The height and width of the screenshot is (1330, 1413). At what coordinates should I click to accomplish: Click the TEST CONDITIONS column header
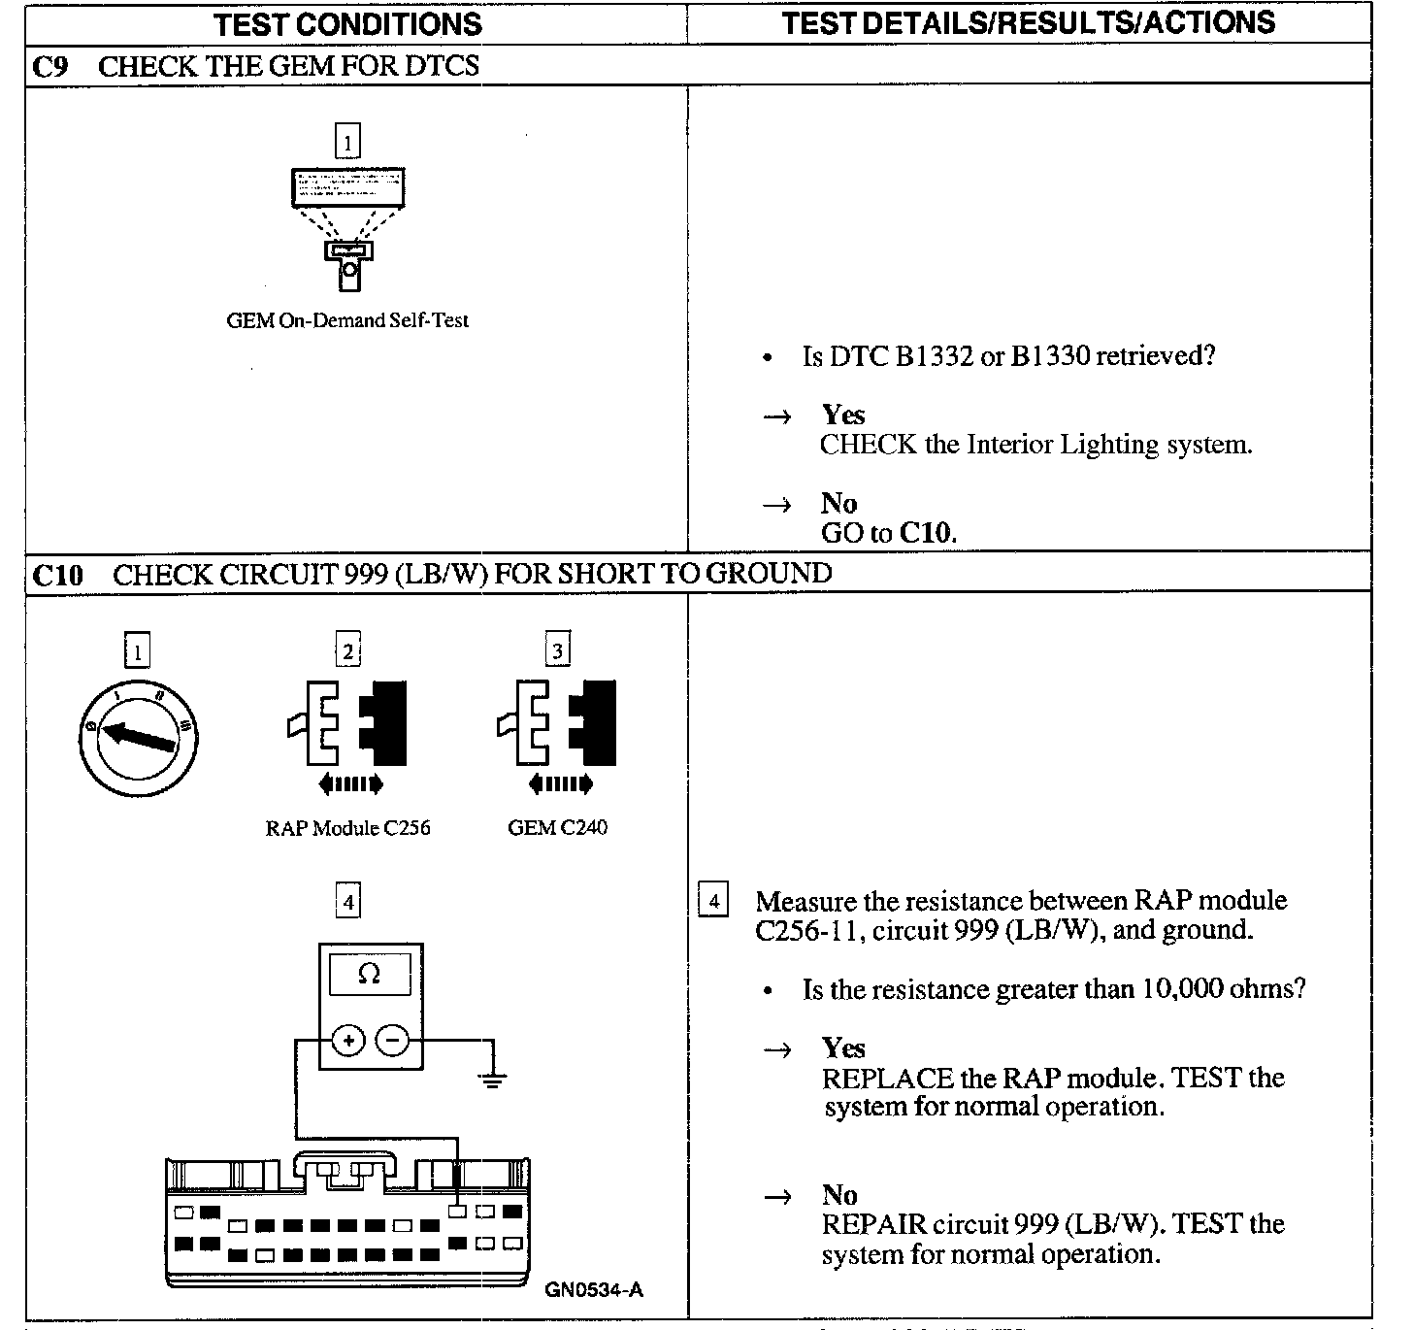pyautogui.click(x=347, y=24)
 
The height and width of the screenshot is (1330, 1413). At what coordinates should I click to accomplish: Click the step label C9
pyautogui.click(x=49, y=67)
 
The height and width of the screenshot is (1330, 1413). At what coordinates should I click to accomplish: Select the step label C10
pyautogui.click(x=57, y=575)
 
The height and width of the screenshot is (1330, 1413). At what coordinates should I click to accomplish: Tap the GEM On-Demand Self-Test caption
pyautogui.click(x=347, y=320)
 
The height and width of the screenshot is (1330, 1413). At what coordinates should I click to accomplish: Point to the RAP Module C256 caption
pyautogui.click(x=347, y=828)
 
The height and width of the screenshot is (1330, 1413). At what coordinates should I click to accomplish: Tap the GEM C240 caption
pyautogui.click(x=557, y=828)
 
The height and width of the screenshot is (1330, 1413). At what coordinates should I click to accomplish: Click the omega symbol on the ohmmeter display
pyautogui.click(x=369, y=974)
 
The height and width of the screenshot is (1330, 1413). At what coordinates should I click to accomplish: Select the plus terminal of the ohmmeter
pyautogui.click(x=348, y=1041)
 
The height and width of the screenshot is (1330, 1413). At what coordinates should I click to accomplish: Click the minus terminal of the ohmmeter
pyautogui.click(x=392, y=1041)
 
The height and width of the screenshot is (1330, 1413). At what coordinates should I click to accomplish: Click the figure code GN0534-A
pyautogui.click(x=593, y=1290)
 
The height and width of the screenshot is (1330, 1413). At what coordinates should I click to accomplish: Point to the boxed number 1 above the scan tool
pyautogui.click(x=347, y=141)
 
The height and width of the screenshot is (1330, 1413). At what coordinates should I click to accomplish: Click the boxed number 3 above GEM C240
pyautogui.click(x=557, y=649)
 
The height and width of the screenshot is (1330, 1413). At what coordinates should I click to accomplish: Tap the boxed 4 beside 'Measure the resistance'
pyautogui.click(x=713, y=901)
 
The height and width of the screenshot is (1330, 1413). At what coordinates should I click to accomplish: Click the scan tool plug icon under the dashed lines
pyautogui.click(x=348, y=265)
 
